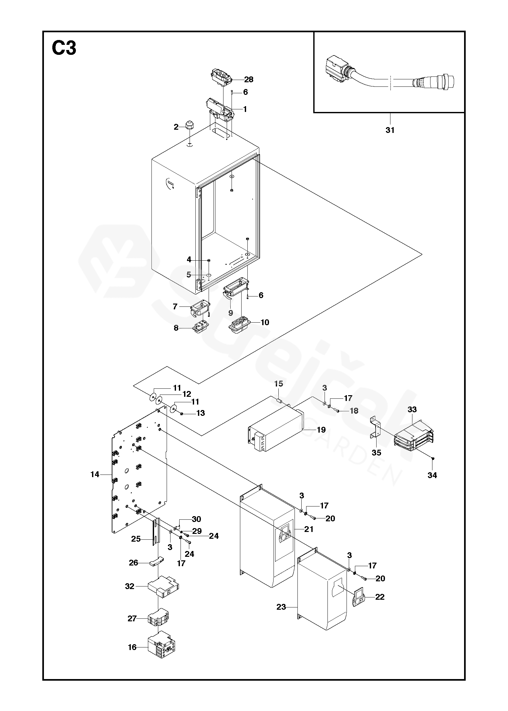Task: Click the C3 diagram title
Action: click(64, 48)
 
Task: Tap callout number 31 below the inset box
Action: click(390, 130)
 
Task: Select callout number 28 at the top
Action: click(249, 79)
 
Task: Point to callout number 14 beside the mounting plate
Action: click(95, 475)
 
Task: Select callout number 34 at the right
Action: click(432, 475)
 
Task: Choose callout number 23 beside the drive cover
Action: click(281, 607)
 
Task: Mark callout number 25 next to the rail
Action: click(136, 539)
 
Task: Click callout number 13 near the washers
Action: click(201, 413)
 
